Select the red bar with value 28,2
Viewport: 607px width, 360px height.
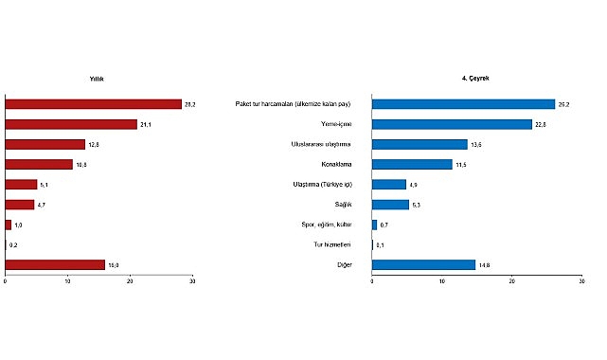93,103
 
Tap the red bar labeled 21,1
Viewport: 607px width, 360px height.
71,124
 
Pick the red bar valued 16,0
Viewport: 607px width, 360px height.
55,264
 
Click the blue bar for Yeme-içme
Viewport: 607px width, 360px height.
452,124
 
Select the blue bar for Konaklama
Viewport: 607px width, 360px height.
412,164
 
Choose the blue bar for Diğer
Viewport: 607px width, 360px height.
423,264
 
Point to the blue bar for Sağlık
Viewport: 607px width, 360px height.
390,204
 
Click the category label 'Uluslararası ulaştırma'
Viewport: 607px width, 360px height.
321,144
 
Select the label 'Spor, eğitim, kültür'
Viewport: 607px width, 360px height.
324,225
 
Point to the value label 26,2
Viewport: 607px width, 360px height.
565,104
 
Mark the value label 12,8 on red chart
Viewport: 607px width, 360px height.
94,144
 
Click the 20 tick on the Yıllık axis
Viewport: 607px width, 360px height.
130,281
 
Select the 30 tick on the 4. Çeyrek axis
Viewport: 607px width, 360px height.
581,281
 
